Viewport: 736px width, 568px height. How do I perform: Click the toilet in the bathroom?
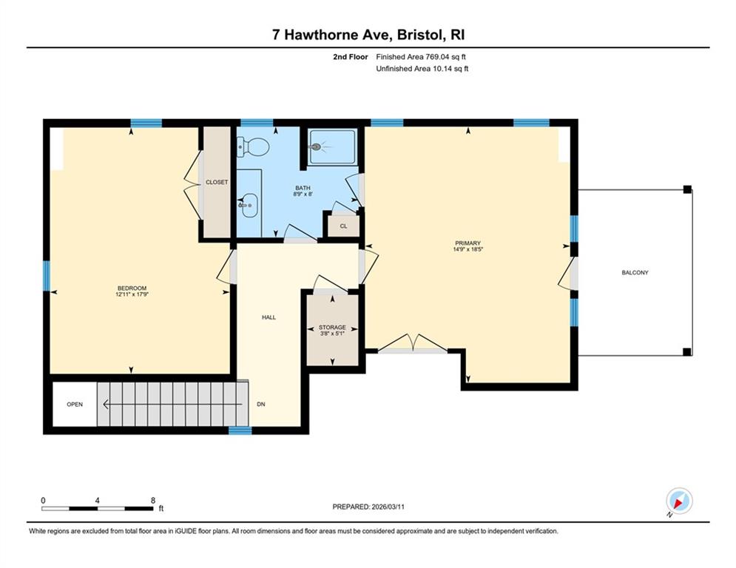tap(252, 147)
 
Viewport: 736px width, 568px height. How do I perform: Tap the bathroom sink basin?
tap(249, 205)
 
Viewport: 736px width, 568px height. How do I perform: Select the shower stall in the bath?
tap(332, 147)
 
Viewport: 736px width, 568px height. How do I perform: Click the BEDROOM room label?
tap(132, 288)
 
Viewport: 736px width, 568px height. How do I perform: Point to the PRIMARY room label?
tap(468, 243)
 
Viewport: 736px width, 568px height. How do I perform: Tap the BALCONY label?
tap(635, 272)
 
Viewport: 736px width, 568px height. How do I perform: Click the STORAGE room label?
tap(332, 327)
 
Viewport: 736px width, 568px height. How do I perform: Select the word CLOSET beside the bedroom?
tap(217, 182)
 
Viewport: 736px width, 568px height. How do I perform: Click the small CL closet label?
tap(344, 226)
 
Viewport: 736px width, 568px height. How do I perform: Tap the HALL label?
tap(269, 317)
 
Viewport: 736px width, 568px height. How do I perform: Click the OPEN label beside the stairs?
tap(75, 404)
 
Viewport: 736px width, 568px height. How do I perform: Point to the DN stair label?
tap(261, 404)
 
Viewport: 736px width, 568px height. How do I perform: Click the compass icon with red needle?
tap(679, 501)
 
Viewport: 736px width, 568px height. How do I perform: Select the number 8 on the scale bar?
tap(153, 501)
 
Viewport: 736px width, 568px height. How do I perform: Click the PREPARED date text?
tap(368, 507)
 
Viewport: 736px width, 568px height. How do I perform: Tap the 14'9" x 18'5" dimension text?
tap(468, 249)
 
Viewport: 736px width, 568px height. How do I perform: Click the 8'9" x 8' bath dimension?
tap(303, 194)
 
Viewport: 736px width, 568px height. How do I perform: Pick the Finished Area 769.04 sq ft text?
tap(421, 57)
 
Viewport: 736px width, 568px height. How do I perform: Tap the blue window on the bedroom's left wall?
tap(46, 276)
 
